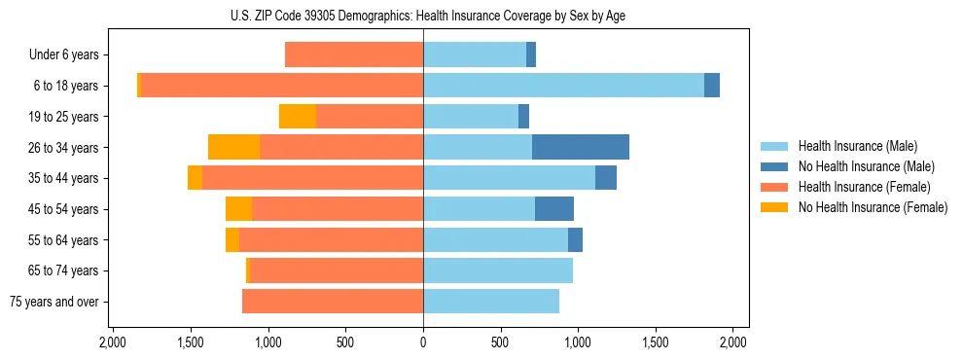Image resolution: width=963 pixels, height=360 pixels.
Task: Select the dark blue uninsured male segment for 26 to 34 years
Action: pos(581,147)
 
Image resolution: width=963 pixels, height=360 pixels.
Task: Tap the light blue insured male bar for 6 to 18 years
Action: pos(563,86)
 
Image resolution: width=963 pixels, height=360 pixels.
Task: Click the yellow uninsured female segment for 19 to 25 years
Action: pos(298,117)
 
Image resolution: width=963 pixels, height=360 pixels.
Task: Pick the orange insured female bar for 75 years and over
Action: pos(333,302)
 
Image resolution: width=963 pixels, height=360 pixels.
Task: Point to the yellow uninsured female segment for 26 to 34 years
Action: pos(234,147)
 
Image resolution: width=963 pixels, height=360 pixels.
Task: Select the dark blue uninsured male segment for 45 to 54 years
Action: pos(554,209)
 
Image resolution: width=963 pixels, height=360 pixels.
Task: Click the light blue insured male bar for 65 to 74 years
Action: pos(498,270)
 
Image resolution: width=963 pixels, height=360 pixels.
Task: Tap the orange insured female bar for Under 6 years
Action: pos(354,54)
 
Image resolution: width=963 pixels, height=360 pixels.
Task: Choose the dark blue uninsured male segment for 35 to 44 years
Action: pos(606,178)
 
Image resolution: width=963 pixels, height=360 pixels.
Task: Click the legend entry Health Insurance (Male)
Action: pos(857,146)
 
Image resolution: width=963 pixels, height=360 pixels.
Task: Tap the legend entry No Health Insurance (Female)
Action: pos(873,207)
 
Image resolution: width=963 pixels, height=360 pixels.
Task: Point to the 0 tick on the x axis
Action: pos(423,342)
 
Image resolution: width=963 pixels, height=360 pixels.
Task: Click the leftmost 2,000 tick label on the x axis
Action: pos(113,342)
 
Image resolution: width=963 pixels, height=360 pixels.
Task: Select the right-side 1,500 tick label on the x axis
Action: pos(656,342)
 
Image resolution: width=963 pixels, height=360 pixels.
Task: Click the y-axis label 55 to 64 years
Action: pos(64,240)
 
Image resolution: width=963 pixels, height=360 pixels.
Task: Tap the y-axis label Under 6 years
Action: pos(64,55)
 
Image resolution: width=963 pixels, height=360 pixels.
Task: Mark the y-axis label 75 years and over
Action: pos(55,302)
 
